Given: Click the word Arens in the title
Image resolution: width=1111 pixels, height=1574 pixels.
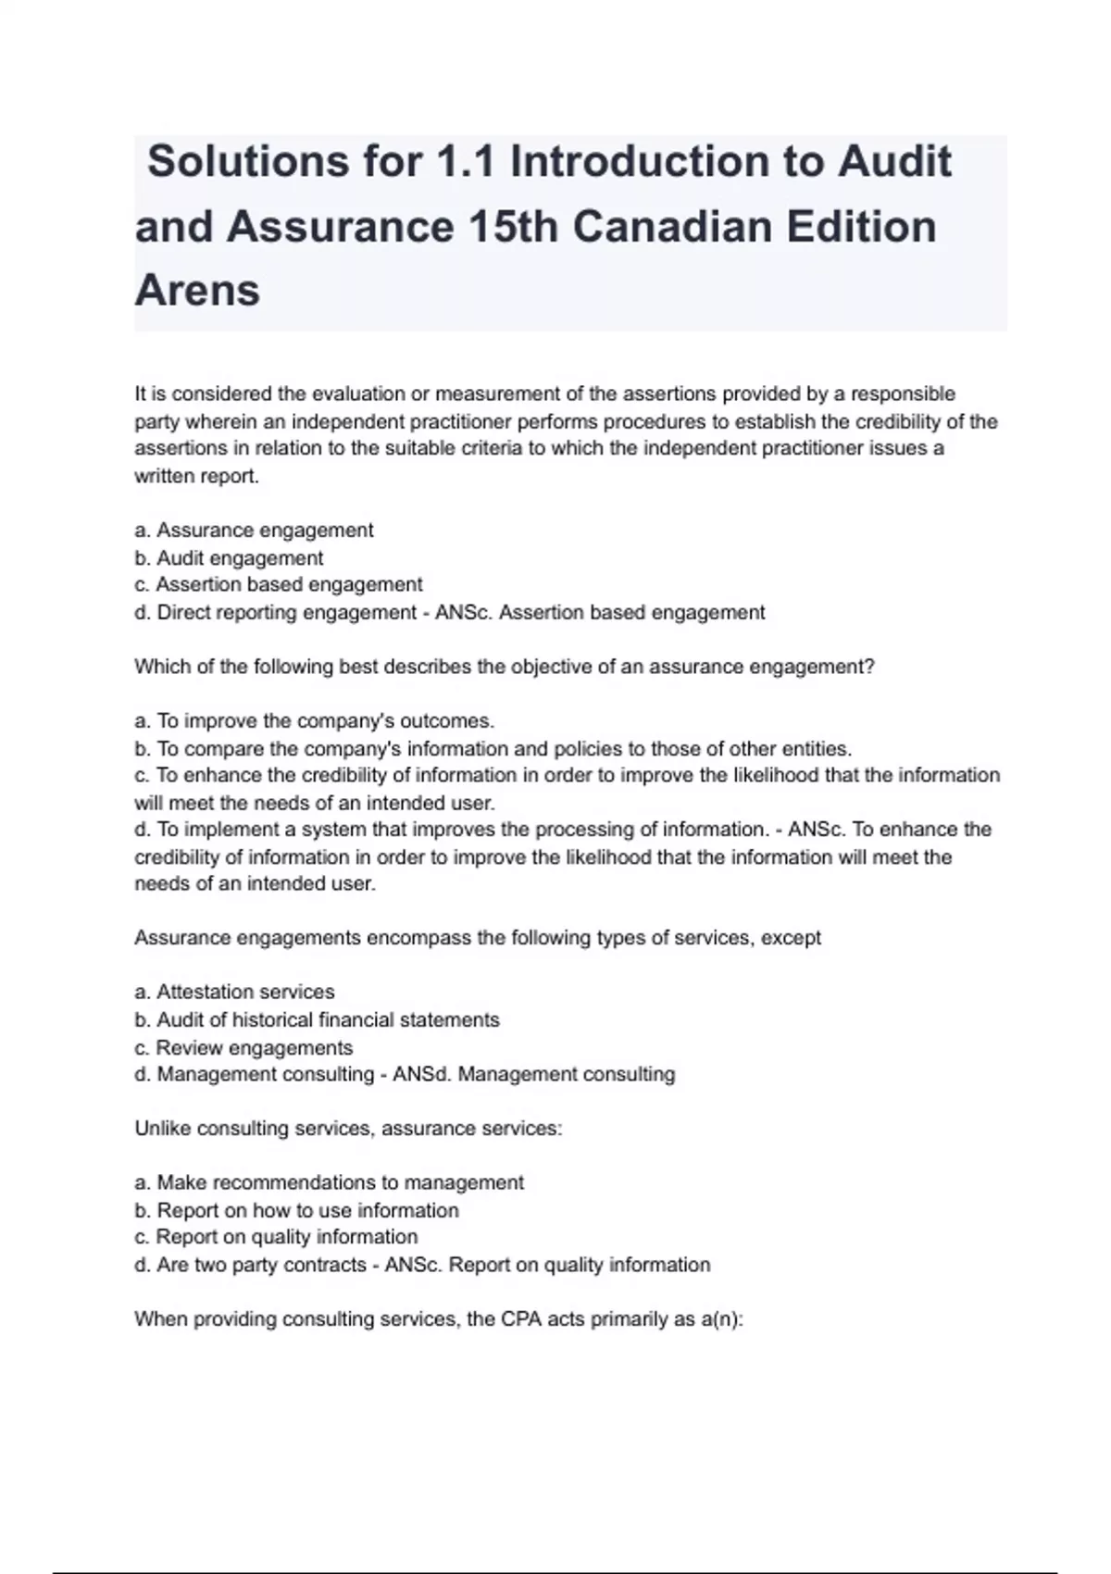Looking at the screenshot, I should click(197, 291).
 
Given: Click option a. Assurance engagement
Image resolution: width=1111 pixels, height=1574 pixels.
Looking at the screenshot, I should click(254, 531).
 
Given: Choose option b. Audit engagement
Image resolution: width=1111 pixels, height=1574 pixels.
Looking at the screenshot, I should click(229, 558).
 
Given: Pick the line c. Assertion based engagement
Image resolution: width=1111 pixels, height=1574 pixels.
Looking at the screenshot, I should click(278, 585).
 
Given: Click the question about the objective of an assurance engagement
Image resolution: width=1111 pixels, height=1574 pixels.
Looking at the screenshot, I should click(504, 667).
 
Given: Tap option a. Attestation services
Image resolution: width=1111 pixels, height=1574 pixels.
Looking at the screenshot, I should click(234, 993).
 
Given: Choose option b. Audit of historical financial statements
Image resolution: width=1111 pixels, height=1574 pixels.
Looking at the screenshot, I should click(317, 1020).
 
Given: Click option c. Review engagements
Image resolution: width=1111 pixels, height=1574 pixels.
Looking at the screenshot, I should click(243, 1048).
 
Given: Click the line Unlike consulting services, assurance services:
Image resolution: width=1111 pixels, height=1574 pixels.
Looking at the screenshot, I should click(348, 1129).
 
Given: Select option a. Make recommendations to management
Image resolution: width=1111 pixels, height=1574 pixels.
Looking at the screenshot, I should click(329, 1183).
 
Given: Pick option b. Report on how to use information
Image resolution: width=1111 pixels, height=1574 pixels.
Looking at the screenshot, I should click(296, 1211).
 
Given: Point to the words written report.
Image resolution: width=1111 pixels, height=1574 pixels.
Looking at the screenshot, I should click(196, 477).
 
